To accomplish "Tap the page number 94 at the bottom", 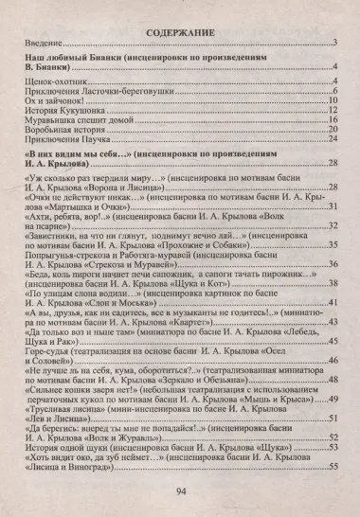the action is [180, 491].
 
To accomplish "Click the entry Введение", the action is [42, 45].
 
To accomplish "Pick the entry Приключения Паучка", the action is [62, 148].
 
